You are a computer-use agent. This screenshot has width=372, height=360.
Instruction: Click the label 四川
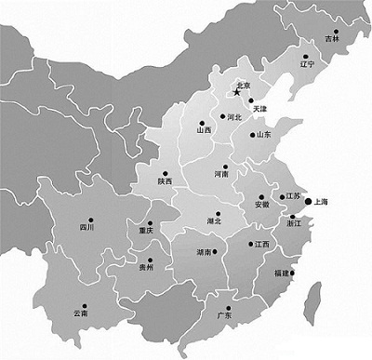point(86,226)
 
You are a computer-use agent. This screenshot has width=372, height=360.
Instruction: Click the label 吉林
point(332,38)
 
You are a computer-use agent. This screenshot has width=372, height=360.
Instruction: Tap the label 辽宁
point(309,67)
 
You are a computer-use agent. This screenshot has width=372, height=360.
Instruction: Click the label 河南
point(221,174)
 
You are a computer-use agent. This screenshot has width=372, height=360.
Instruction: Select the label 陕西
point(165,181)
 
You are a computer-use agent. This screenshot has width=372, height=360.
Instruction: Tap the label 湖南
point(206,253)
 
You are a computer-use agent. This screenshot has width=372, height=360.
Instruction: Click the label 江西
point(260,245)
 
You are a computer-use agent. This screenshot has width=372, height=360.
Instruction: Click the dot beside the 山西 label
point(198,122)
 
